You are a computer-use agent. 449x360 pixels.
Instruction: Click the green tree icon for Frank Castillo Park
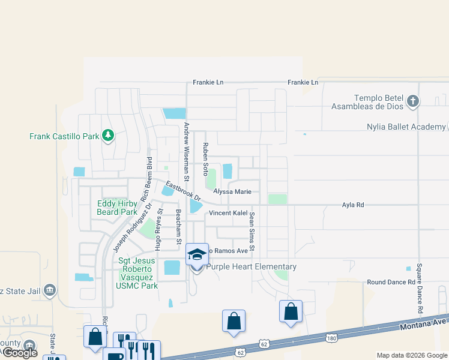point(107,136)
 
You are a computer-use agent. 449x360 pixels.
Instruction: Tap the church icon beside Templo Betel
point(412,101)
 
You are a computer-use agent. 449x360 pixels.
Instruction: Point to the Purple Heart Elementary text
point(251,267)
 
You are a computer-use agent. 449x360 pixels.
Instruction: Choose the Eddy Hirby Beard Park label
point(117,208)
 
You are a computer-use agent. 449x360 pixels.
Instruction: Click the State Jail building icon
point(50,291)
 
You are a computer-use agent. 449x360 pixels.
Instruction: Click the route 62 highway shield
point(264,343)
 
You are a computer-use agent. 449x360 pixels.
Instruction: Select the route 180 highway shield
point(331,339)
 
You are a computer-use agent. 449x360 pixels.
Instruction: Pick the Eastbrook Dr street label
point(183,191)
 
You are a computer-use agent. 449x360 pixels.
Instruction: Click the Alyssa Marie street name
point(232,192)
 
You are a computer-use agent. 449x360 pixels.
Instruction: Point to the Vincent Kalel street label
point(228,214)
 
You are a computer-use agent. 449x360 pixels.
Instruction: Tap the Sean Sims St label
point(252,232)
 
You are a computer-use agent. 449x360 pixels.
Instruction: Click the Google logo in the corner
point(20,353)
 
